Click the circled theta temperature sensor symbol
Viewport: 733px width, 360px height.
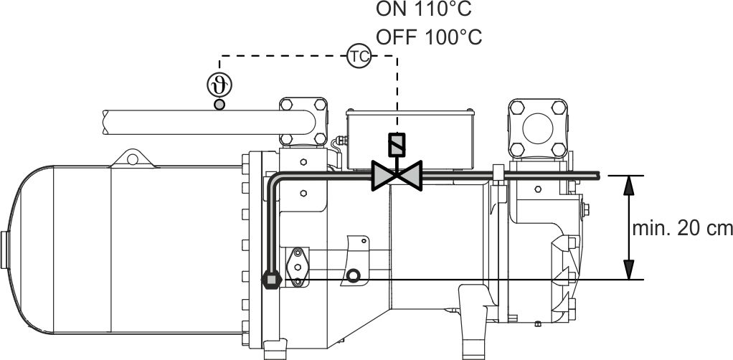click(x=219, y=85)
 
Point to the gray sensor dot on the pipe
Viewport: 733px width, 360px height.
click(x=219, y=105)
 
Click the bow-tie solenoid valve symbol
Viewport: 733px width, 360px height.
click(x=397, y=174)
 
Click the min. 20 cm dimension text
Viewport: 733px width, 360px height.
click(x=682, y=229)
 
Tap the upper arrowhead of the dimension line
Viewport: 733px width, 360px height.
click(x=629, y=185)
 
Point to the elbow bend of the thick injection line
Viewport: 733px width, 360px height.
click(x=275, y=179)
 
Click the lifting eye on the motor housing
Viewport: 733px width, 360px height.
click(x=131, y=157)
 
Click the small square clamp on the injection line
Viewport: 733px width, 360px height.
click(x=497, y=173)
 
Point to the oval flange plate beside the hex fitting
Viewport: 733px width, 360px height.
click(x=296, y=266)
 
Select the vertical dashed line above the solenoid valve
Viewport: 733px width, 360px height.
click(x=397, y=93)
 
